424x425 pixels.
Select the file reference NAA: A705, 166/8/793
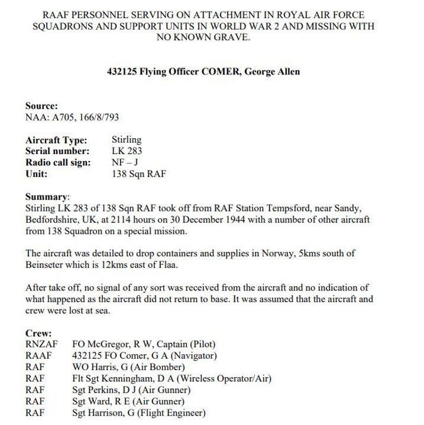(72, 117)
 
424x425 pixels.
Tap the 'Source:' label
(41, 106)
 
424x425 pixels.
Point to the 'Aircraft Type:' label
(56, 140)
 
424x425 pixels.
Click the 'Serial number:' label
(57, 152)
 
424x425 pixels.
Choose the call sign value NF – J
(125, 163)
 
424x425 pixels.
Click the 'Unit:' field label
(37, 174)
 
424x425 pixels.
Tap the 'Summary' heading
(47, 197)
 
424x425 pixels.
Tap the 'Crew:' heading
(38, 334)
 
